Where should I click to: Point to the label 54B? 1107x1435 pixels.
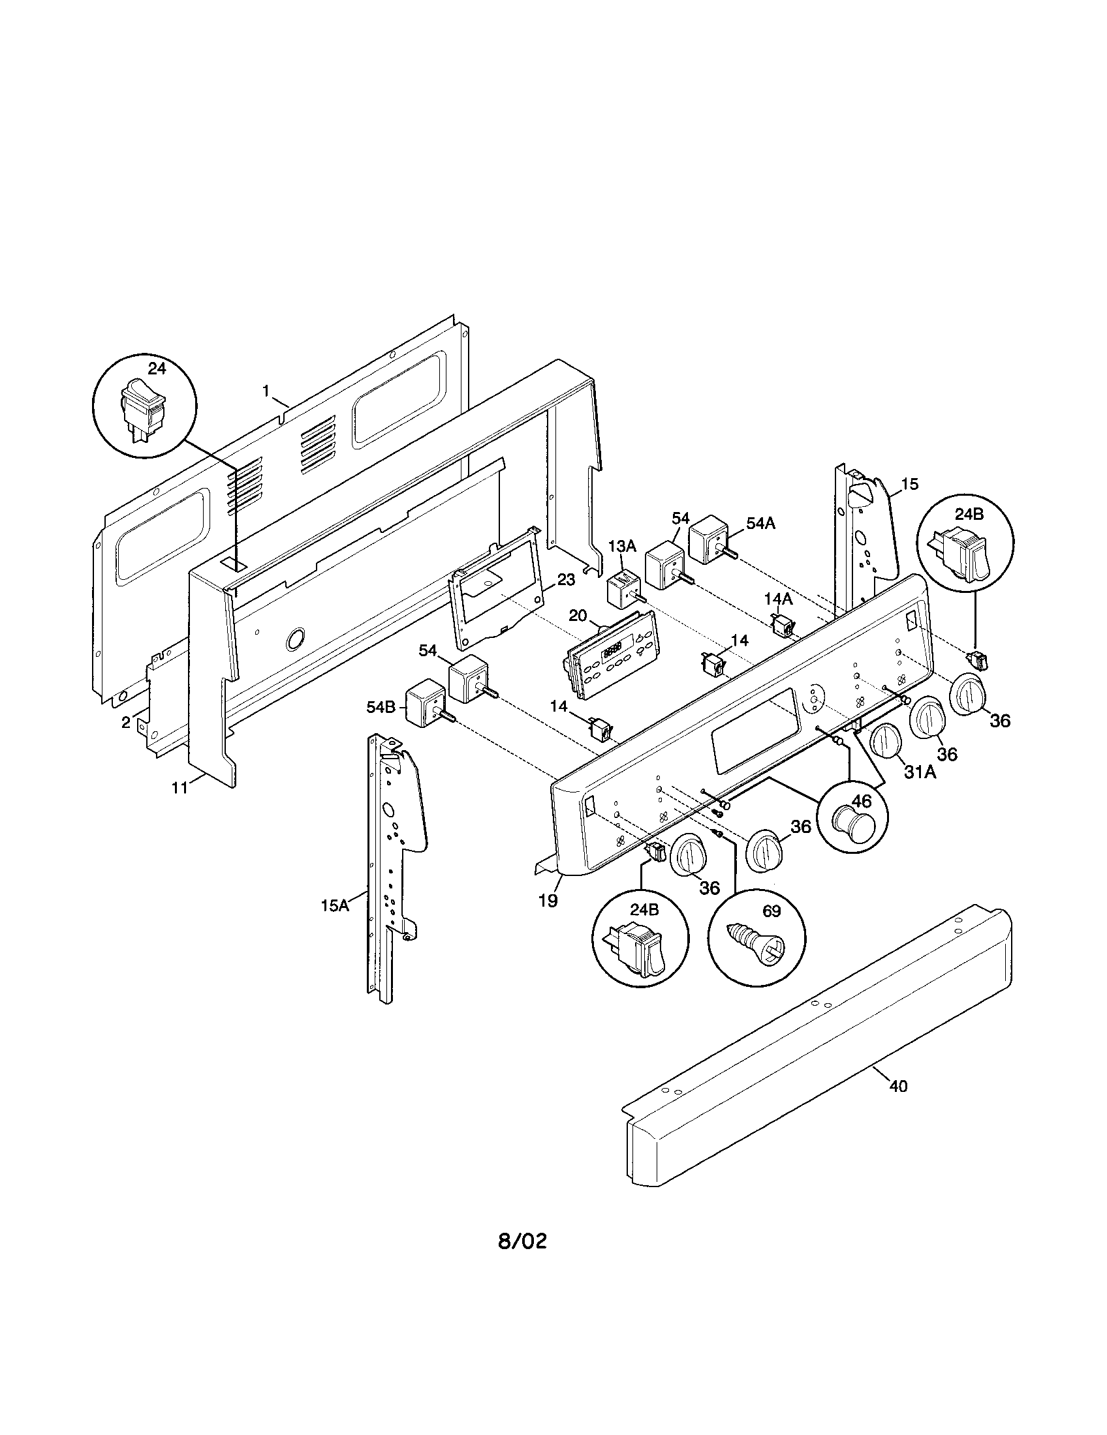point(381,706)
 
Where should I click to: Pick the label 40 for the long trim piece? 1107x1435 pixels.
point(897,1086)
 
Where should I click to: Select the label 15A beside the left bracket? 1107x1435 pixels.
point(334,905)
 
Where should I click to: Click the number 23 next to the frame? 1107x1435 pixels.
point(566,579)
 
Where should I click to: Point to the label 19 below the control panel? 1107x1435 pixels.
point(548,901)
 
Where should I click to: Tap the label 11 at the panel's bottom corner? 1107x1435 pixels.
point(180,787)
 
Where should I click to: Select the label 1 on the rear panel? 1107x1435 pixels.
point(266,391)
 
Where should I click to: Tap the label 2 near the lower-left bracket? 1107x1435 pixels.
point(125,722)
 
